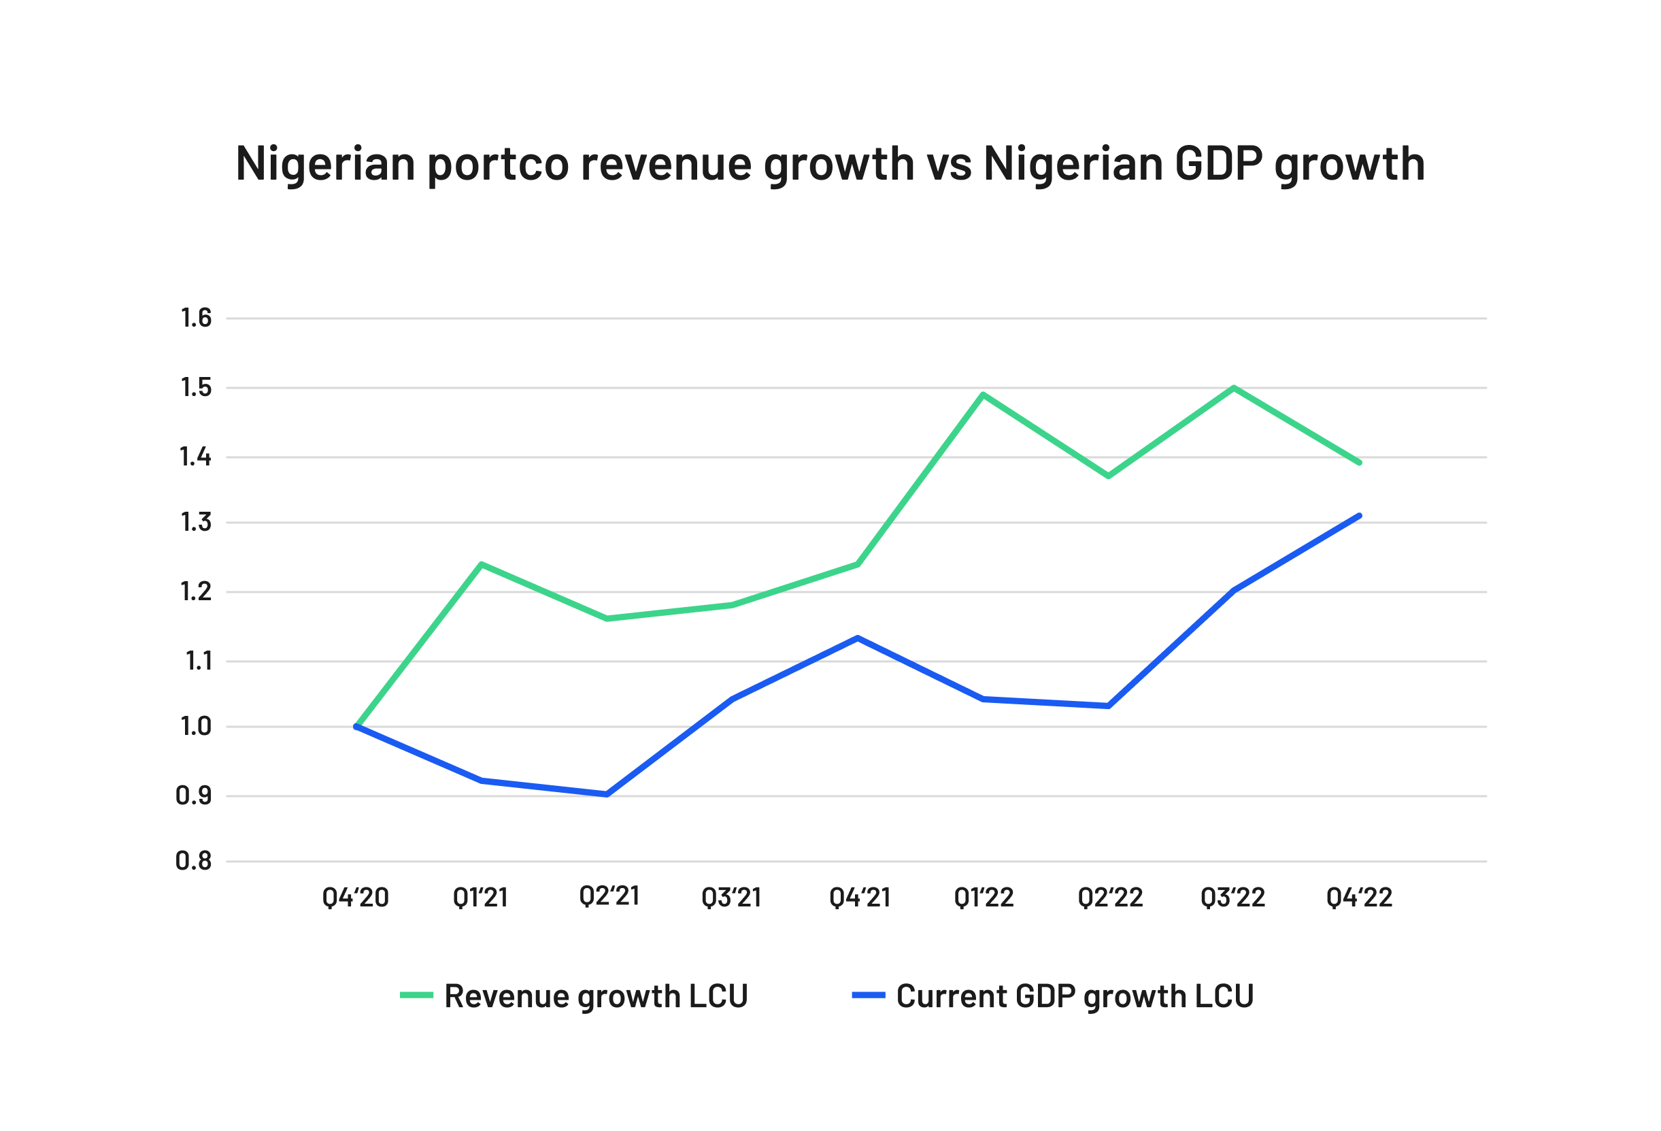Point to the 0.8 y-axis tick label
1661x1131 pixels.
pyautogui.click(x=194, y=862)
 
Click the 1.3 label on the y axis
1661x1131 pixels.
pyautogui.click(x=196, y=523)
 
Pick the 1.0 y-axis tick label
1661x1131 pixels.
pyautogui.click(x=196, y=727)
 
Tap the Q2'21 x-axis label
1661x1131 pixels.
pyautogui.click(x=609, y=896)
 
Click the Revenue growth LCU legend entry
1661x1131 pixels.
pyautogui.click(x=574, y=996)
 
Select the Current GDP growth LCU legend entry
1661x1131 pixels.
pyautogui.click(x=1053, y=996)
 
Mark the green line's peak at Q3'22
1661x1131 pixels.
pyautogui.click(x=1235, y=388)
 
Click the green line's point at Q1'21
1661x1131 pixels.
pyautogui.click(x=482, y=565)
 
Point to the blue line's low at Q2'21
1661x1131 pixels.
pyautogui.click(x=607, y=794)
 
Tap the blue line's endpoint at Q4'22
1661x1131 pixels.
pyautogui.click(x=1360, y=515)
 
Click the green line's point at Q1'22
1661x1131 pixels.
pyautogui.click(x=984, y=395)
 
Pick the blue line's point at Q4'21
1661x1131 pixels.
pyautogui.click(x=858, y=638)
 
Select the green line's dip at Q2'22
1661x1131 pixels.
pyautogui.click(x=1109, y=476)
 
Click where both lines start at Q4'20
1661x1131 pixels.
pyautogui.click(x=356, y=727)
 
